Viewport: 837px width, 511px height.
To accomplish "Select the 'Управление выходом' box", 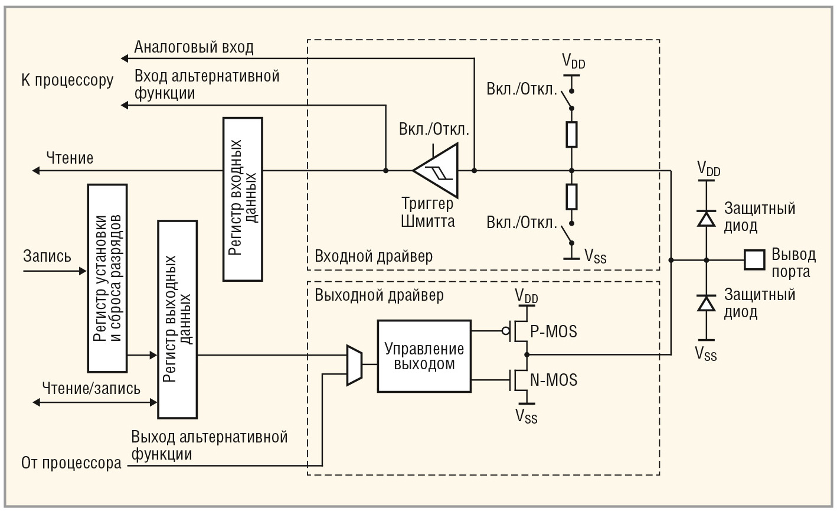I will coord(424,356).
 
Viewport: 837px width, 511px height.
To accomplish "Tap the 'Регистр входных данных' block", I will coord(243,198).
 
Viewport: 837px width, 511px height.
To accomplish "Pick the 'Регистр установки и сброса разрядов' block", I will coord(107,278).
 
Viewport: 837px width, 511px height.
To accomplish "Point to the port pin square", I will coord(754,259).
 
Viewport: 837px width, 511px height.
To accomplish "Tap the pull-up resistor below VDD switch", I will coord(571,135).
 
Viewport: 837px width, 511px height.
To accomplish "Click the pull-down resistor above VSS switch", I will coord(571,197).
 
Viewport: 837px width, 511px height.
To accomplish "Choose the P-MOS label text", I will coord(553,331).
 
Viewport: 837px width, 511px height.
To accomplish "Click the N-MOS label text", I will coord(553,380).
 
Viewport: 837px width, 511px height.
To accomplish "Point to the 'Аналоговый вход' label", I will coord(194,47).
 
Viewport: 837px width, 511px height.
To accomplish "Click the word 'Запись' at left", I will coord(47,256).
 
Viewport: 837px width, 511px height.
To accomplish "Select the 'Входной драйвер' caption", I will coord(374,256).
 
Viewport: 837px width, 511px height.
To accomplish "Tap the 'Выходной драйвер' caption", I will coord(379,294).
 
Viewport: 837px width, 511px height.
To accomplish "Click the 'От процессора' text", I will coord(71,463).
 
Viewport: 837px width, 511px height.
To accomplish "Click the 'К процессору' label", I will coord(67,80).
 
